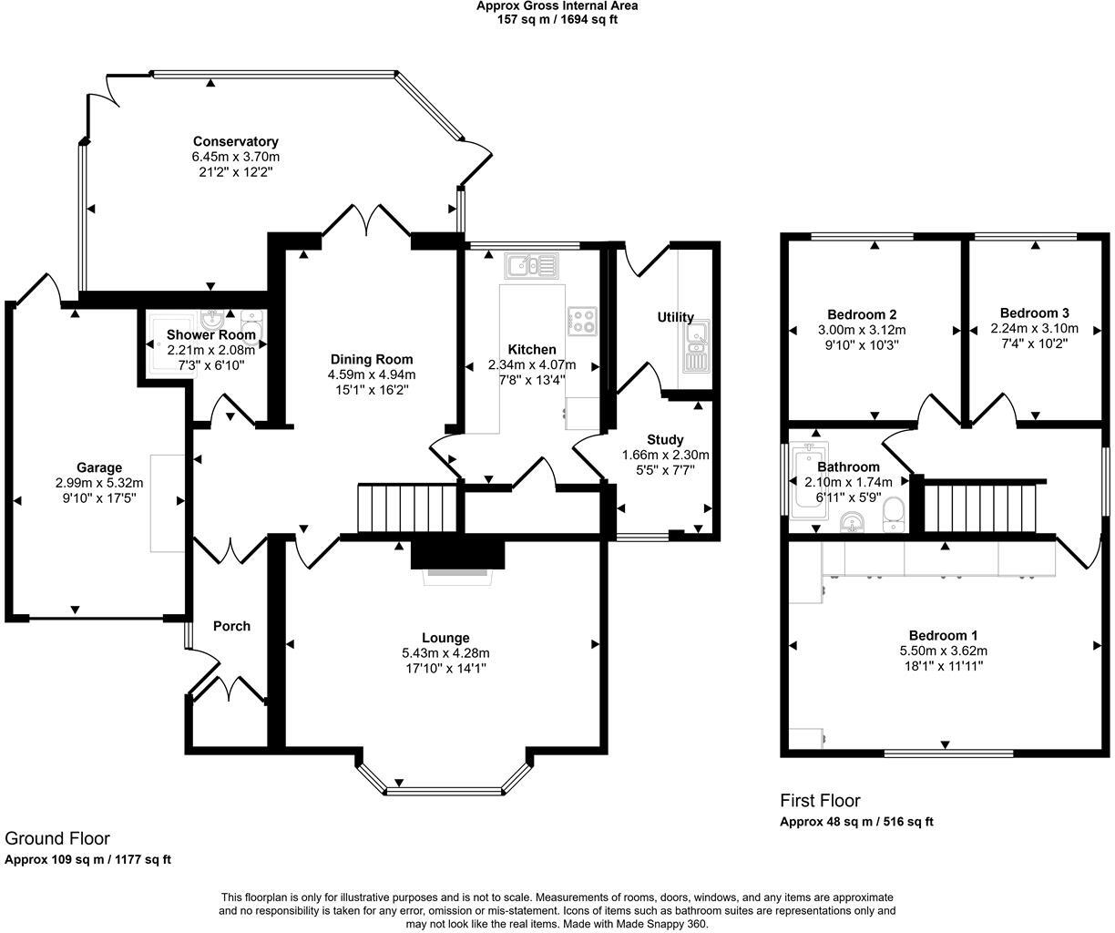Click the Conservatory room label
(235, 141)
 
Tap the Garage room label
(98, 468)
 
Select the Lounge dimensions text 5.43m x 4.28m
(445, 653)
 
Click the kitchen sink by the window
(531, 266)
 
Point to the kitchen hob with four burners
(581, 320)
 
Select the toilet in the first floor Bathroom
(894, 514)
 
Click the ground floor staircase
(406, 508)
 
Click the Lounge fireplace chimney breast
(457, 553)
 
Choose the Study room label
(665, 440)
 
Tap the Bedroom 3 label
(1034, 313)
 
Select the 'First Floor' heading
(820, 801)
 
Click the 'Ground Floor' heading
(57, 838)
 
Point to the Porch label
(231, 626)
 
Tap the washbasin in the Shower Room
(212, 320)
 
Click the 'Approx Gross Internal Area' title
(557, 5)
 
